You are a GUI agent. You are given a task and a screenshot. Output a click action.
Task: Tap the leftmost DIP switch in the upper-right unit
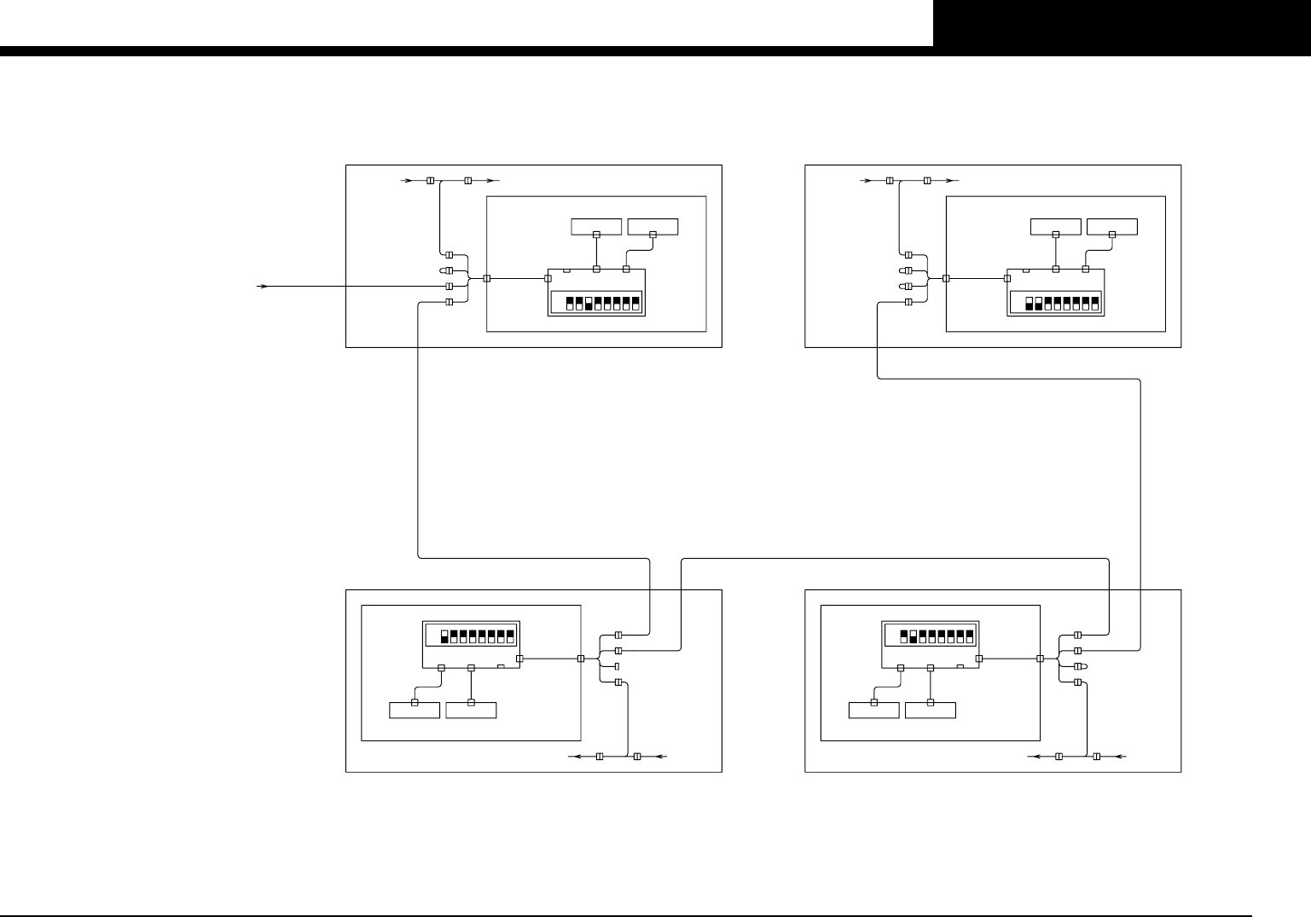pos(1030,303)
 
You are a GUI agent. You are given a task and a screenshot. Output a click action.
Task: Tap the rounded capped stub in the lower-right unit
pos(1079,666)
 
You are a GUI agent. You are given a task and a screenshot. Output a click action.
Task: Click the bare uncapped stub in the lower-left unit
pos(616,666)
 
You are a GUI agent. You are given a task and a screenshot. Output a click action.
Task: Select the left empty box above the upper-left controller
pos(596,226)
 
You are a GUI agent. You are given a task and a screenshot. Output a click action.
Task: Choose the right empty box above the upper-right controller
pos(1111,226)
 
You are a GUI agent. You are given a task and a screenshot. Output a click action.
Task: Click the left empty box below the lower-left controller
pos(415,710)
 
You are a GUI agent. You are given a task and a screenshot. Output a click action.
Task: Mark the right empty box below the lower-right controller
pos(931,710)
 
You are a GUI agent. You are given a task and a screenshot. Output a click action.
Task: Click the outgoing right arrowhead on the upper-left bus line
pos(492,181)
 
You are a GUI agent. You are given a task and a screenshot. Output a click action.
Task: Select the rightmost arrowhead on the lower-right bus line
pos(1121,757)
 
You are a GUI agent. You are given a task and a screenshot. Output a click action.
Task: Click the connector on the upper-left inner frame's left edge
pos(486,279)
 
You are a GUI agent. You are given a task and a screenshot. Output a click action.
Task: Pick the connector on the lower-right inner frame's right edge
pos(1040,659)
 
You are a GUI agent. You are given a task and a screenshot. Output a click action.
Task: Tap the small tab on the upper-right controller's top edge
pos(1026,270)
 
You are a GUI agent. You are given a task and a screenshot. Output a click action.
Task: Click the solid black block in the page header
pos(1122,23)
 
